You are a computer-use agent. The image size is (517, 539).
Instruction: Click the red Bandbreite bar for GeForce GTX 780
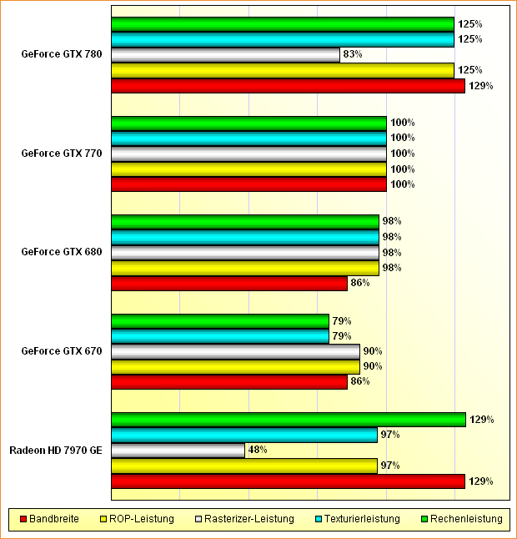pyautogui.click(x=288, y=86)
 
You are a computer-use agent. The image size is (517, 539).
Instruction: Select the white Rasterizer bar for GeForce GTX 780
pyautogui.click(x=225, y=55)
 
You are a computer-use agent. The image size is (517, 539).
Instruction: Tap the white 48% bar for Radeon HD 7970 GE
pyautogui.click(x=178, y=451)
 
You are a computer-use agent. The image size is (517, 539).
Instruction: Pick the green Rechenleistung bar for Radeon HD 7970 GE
pyautogui.click(x=288, y=420)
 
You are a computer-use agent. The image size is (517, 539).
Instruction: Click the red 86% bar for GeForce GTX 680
pyautogui.click(x=229, y=284)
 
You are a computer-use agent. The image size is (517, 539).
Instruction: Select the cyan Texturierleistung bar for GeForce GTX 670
pyautogui.click(x=220, y=336)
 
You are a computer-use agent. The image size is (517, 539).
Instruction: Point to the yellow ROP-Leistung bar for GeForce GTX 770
pyautogui.click(x=248, y=169)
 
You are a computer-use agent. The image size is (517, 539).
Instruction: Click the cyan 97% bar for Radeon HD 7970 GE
pyautogui.click(x=244, y=435)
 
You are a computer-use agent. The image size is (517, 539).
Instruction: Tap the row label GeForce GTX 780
pyautogui.click(x=62, y=55)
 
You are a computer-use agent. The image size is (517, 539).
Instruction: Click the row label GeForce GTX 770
pyautogui.click(x=62, y=154)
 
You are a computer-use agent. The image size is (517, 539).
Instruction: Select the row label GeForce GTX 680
pyautogui.click(x=62, y=252)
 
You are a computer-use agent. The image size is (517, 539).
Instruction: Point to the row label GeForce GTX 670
pyautogui.click(x=62, y=351)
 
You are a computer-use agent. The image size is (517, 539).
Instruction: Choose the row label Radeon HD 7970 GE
pyautogui.click(x=56, y=451)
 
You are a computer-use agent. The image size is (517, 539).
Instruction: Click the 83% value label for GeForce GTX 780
pyautogui.click(x=352, y=55)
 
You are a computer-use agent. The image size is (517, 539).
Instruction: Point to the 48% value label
pyautogui.click(x=258, y=451)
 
